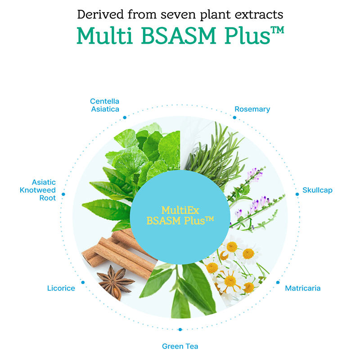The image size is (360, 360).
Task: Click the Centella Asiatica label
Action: click(x=104, y=105)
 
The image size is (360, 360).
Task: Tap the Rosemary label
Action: click(x=252, y=109)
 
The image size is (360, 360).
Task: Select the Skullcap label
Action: click(x=317, y=190)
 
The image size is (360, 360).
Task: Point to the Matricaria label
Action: click(x=303, y=288)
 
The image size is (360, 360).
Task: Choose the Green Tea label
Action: click(x=180, y=346)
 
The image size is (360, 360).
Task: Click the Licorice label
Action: click(x=61, y=288)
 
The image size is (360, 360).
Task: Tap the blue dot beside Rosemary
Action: click(x=234, y=117)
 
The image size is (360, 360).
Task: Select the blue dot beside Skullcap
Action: click(x=297, y=194)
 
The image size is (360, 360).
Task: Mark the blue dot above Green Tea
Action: click(x=180, y=329)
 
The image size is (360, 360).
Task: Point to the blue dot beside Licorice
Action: click(x=83, y=283)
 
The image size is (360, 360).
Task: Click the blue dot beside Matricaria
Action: click(x=277, y=283)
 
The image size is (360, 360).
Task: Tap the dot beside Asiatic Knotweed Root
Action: click(x=63, y=194)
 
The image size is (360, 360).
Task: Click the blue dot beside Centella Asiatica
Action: click(x=125, y=117)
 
